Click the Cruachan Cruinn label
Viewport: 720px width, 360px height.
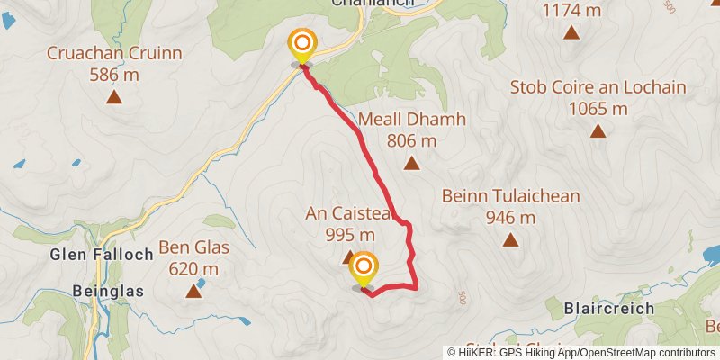pyautogui.click(x=115, y=54)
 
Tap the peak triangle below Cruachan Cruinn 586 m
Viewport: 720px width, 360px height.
pyautogui.click(x=115, y=97)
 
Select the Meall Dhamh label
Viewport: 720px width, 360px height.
pyautogui.click(x=411, y=120)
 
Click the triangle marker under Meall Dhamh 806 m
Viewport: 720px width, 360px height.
pyautogui.click(x=411, y=163)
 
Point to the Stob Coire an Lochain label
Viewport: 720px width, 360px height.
pyautogui.click(x=598, y=88)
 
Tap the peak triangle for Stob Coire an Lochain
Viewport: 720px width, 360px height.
pyautogui.click(x=598, y=131)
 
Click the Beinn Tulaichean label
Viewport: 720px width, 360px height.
pyautogui.click(x=510, y=196)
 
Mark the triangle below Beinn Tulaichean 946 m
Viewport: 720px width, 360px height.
pyautogui.click(x=510, y=239)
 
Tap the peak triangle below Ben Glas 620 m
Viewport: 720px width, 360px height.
pyautogui.click(x=193, y=291)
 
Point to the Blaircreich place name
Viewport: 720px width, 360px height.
pyautogui.click(x=607, y=308)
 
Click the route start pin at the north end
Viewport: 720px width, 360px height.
pyautogui.click(x=301, y=44)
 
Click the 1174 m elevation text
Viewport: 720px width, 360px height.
pyautogui.click(x=571, y=11)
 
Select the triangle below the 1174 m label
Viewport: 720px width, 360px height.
pyautogui.click(x=571, y=33)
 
